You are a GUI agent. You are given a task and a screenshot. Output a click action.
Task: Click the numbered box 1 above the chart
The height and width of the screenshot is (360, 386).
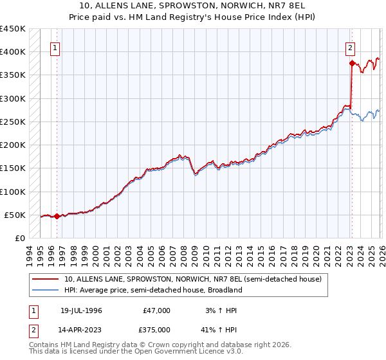pyautogui.click(x=55, y=48)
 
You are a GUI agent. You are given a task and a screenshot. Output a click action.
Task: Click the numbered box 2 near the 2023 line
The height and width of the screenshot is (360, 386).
pyautogui.click(x=350, y=48)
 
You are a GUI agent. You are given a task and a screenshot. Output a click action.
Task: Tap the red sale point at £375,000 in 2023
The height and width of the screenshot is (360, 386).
pyautogui.click(x=352, y=63)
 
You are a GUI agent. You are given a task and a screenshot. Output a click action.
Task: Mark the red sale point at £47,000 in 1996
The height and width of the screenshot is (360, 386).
pyautogui.click(x=57, y=217)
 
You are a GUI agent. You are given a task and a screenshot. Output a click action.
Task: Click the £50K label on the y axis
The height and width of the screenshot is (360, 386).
pyautogui.click(x=15, y=215)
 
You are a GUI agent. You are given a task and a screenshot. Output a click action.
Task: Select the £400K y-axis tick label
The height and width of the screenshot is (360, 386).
pyautogui.click(x=12, y=52)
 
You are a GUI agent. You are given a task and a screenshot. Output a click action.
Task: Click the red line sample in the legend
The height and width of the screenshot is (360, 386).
pyautogui.click(x=46, y=279)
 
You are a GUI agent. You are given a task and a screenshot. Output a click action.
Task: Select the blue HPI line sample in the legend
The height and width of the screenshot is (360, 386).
pyautogui.click(x=46, y=290)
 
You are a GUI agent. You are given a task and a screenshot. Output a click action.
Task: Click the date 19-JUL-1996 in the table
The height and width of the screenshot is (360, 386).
pyautogui.click(x=81, y=310)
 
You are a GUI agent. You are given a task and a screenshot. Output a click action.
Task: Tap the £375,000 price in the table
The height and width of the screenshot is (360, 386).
pyautogui.click(x=158, y=329)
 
